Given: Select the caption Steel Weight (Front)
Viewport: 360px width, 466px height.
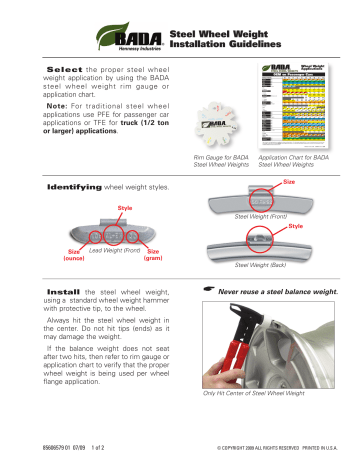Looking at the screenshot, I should click(264, 215).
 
